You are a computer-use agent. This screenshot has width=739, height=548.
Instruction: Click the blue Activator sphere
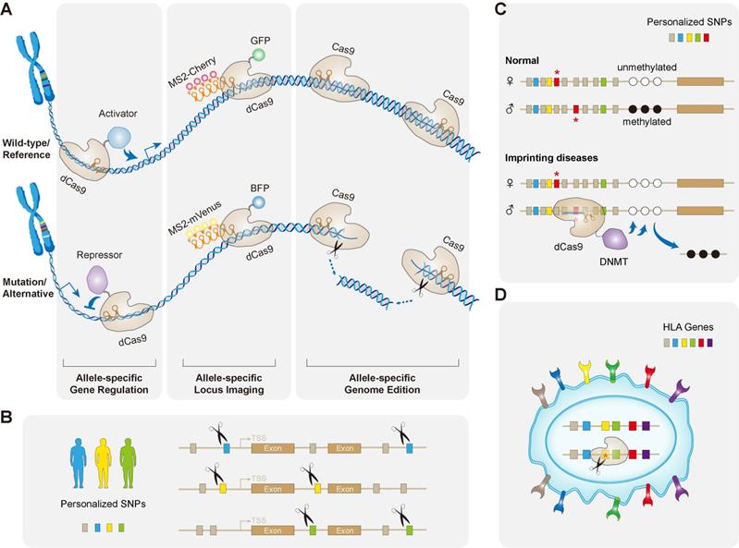point(121,136)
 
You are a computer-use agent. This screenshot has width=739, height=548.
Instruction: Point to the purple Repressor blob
point(97,279)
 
